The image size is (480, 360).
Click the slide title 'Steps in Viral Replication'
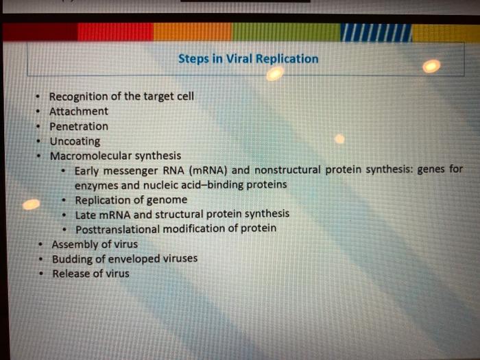[x=248, y=59]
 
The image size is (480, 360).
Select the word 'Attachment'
[x=78, y=111]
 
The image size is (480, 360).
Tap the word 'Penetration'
[x=78, y=126]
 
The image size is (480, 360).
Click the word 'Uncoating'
[x=75, y=141]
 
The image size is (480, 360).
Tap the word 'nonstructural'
[x=287, y=170]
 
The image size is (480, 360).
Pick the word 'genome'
[x=167, y=200]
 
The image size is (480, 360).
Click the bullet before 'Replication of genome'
[x=64, y=200]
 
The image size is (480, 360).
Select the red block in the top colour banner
[x=115, y=32]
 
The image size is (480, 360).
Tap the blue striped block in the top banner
[x=376, y=32]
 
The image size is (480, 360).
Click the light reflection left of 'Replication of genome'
[x=31, y=204]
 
